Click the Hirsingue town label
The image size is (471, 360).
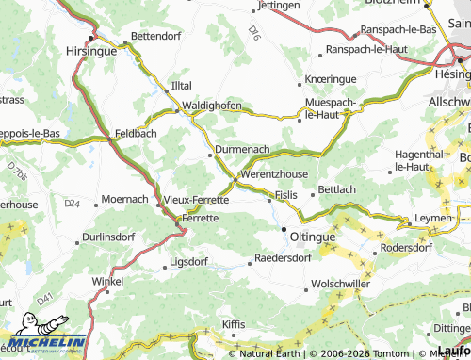[x=91, y=54]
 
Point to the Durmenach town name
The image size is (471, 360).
[x=242, y=149]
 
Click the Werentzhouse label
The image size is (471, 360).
[x=274, y=175]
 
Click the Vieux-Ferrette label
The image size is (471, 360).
[x=196, y=200]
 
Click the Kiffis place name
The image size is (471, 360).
[x=233, y=324]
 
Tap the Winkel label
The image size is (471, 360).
[x=107, y=281]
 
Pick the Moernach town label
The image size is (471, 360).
[x=124, y=200]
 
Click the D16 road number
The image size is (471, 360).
[x=255, y=33]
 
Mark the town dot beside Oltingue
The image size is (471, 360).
[x=284, y=228]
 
